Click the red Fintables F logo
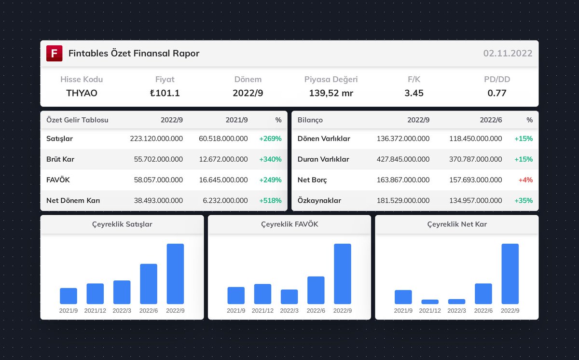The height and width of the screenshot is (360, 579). [54, 53]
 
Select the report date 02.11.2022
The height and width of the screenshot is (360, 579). [508, 54]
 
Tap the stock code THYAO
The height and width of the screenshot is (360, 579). [82, 93]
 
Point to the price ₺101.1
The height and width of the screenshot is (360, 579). [165, 93]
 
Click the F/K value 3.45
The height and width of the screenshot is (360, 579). [414, 93]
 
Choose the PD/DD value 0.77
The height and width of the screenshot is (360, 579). [496, 93]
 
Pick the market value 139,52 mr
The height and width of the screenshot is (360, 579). [331, 93]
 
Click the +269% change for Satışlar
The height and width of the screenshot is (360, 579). [270, 139]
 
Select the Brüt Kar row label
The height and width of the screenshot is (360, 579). [60, 159]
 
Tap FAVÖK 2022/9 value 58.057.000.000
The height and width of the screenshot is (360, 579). [158, 180]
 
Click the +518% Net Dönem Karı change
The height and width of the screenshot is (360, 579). [270, 201]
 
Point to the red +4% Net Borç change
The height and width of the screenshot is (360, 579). [525, 180]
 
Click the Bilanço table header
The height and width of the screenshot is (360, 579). [310, 120]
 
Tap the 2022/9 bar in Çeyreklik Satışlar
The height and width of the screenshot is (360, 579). [175, 274]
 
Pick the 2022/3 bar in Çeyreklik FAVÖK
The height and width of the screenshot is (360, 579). [289, 297]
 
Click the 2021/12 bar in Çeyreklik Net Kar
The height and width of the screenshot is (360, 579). [430, 302]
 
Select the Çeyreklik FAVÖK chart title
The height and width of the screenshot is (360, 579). [289, 224]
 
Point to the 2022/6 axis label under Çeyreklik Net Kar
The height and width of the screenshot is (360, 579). [483, 311]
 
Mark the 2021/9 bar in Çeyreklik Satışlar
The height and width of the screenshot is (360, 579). [69, 296]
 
